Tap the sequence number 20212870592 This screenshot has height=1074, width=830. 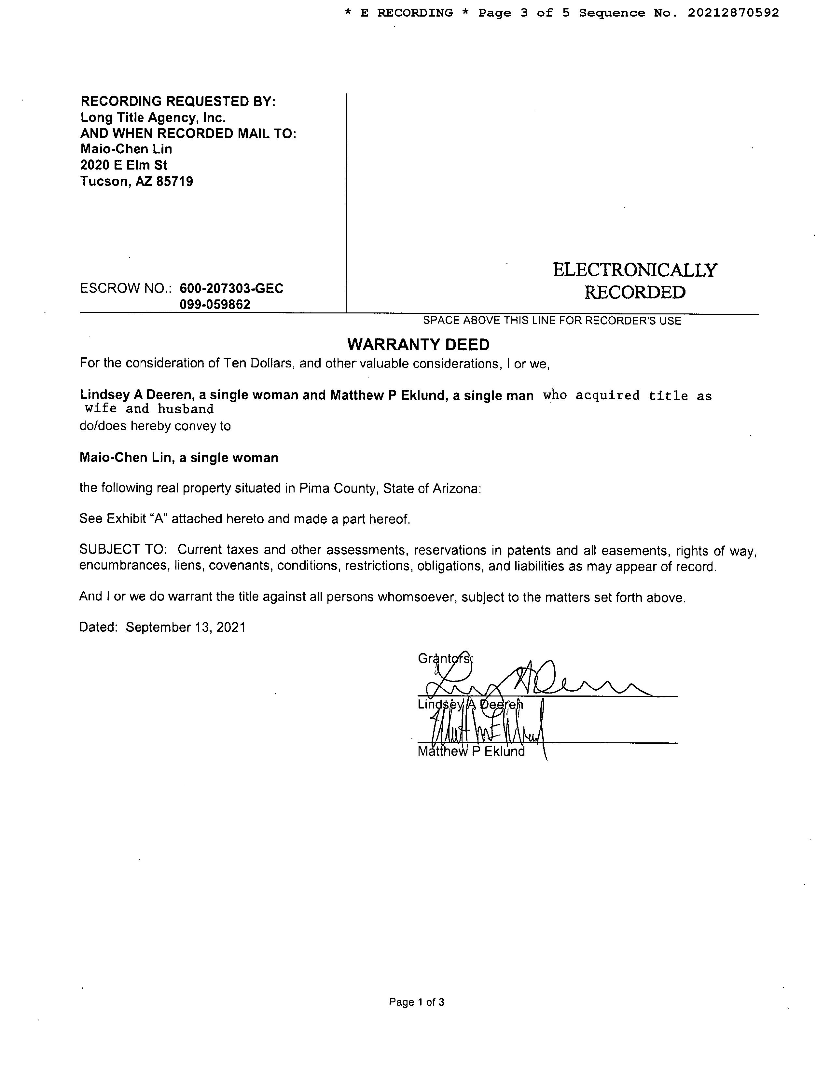coord(733,13)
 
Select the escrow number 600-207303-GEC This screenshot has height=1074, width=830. coord(232,289)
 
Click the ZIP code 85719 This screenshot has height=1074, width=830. coord(174,182)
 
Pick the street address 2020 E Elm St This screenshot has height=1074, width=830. coord(124,165)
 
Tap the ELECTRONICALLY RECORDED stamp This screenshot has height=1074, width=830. coord(635,281)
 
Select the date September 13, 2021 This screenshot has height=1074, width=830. coord(186,627)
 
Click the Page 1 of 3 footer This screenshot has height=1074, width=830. coord(417,1002)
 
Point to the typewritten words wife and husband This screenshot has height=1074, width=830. coord(149,409)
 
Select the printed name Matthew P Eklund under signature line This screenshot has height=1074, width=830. coord(471,752)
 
